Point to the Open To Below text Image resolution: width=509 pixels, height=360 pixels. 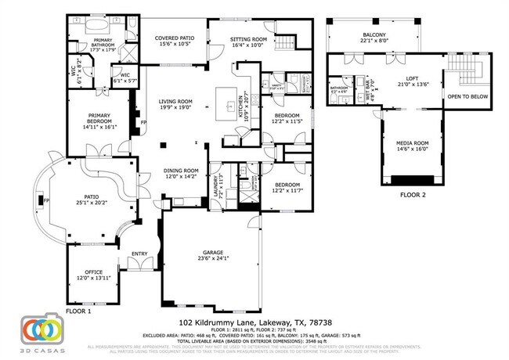pos(467,96)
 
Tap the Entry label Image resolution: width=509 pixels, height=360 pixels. pos(139,253)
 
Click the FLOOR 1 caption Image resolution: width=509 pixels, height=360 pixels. pos(79,311)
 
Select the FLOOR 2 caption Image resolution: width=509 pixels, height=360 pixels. pos(413,195)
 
